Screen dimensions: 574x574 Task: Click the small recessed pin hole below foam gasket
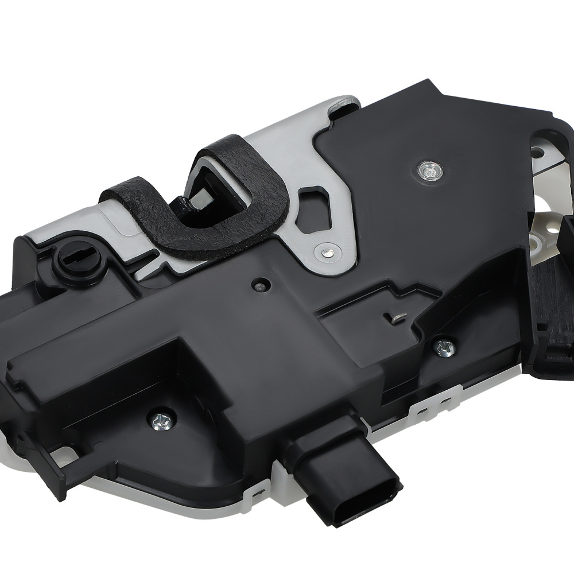click(261, 285)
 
